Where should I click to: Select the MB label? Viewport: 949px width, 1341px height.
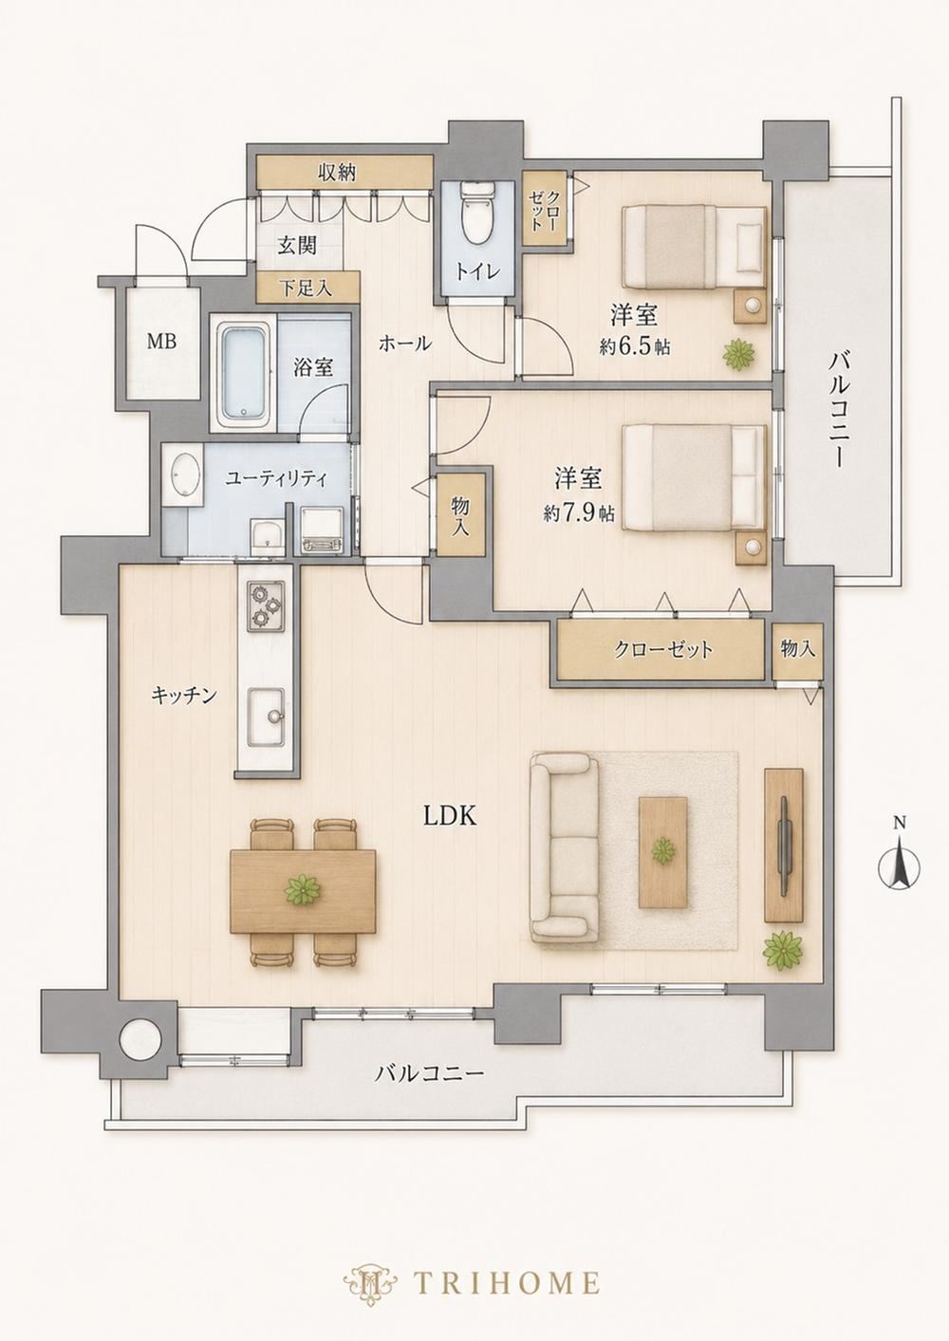pyautogui.click(x=161, y=343)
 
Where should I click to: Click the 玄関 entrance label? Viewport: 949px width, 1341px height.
pyautogui.click(x=297, y=246)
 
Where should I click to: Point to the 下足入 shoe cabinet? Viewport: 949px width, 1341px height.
pyautogui.click(x=307, y=288)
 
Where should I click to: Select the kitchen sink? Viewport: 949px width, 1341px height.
pyautogui.click(x=267, y=717)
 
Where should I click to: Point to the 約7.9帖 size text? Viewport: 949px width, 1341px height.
pyautogui.click(x=579, y=513)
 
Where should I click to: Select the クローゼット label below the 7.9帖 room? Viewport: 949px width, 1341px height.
pyautogui.click(x=663, y=649)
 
